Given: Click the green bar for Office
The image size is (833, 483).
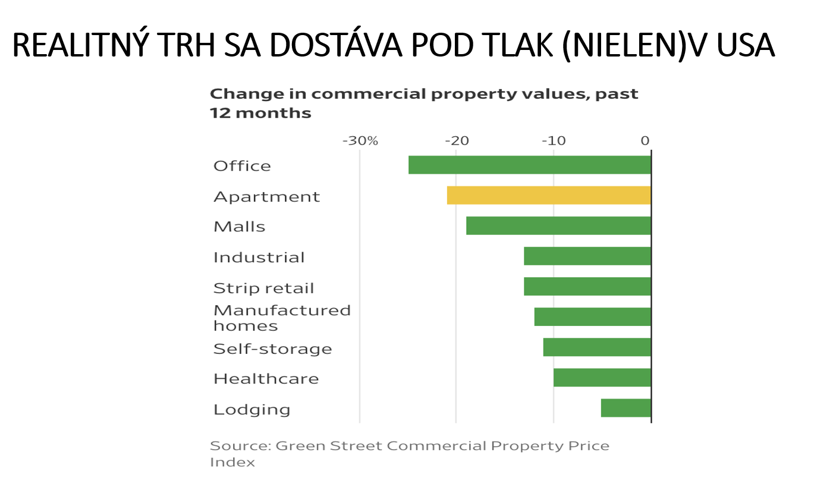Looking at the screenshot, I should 529,165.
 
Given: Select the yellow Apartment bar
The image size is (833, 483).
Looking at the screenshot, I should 548,195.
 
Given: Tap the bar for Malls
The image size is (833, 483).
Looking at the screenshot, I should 558,225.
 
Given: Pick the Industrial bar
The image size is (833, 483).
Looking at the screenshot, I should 587,256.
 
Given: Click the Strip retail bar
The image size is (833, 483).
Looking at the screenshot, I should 587,287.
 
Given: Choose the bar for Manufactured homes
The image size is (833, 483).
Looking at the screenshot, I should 592,317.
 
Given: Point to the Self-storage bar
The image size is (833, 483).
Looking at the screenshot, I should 596,347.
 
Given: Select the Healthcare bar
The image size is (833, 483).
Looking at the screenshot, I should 602,378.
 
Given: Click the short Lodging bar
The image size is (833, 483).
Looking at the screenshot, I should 625,408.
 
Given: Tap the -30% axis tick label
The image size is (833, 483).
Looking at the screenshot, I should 360,142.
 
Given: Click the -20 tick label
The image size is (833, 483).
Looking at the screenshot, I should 456,142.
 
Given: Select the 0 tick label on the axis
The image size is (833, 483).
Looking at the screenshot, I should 645,142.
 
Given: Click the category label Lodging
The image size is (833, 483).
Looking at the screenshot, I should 252,409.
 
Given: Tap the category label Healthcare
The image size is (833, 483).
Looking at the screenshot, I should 266,379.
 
